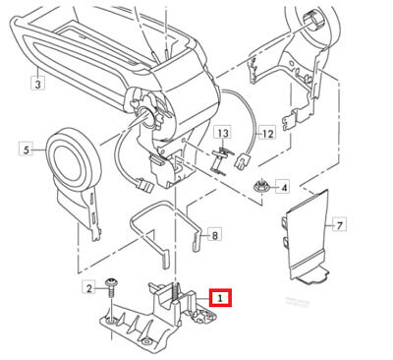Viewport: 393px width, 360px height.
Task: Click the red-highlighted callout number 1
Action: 220,298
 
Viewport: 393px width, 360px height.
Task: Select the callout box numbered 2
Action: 89,288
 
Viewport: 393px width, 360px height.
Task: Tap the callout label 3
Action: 38,83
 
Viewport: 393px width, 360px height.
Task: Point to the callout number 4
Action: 283,188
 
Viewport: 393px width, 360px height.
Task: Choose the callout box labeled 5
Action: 27,150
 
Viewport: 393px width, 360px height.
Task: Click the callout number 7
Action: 339,224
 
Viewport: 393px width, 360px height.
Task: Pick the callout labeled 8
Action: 214,235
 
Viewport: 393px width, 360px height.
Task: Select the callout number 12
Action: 267,133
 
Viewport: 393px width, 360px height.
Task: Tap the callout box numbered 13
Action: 223,133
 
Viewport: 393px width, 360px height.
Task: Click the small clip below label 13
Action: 221,161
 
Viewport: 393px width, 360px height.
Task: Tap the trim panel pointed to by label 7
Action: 307,236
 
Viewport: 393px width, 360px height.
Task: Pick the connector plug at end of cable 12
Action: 243,161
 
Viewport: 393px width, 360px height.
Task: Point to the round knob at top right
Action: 312,21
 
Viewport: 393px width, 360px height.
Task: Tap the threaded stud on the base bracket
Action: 177,293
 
